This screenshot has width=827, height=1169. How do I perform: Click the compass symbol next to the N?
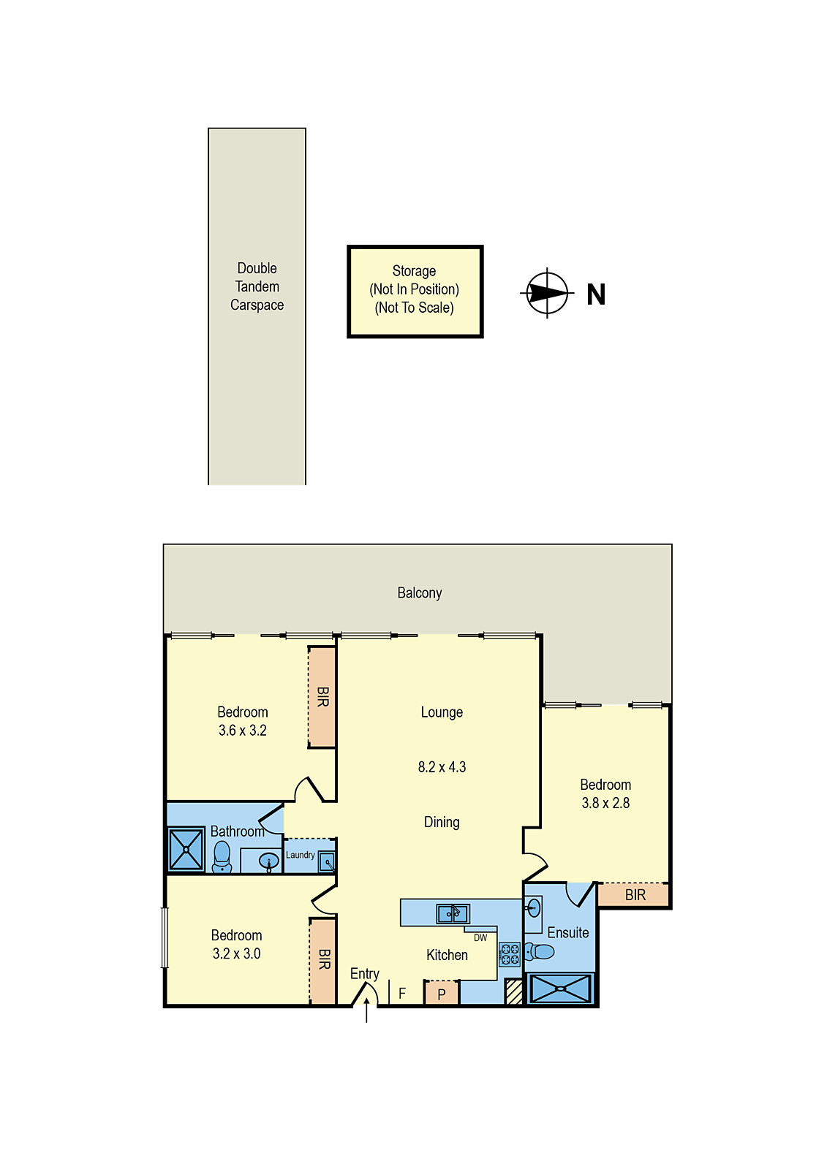(x=547, y=294)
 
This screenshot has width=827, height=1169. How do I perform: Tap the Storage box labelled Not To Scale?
(x=415, y=291)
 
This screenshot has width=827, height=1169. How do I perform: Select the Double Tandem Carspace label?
(x=257, y=286)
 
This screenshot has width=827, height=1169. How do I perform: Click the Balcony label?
(x=419, y=593)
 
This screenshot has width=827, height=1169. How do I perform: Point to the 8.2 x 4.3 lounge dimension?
(x=442, y=767)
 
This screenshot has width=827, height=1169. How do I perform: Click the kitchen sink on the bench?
(x=453, y=913)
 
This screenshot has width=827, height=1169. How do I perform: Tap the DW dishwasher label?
(x=480, y=937)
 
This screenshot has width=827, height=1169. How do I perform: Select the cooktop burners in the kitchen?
(x=510, y=954)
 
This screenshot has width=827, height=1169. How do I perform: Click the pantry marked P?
(x=442, y=994)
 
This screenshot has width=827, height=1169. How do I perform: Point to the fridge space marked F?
(x=402, y=994)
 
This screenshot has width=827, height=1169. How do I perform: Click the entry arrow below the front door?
(x=366, y=1014)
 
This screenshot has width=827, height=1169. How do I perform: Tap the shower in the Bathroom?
(x=186, y=849)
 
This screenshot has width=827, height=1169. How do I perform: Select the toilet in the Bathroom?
(x=222, y=856)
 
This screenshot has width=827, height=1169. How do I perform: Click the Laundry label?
(x=300, y=855)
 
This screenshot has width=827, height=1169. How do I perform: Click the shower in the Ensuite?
(x=560, y=989)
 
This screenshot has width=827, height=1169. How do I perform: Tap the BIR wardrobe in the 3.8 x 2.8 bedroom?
(x=635, y=895)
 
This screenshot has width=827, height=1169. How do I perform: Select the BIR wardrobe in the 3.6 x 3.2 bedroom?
(x=322, y=696)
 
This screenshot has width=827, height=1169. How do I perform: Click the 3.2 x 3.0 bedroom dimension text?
(x=236, y=953)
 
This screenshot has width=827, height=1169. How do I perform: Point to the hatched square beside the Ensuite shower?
(x=514, y=991)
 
